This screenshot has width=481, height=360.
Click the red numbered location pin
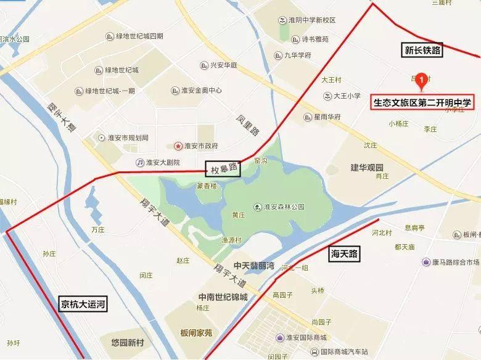421,80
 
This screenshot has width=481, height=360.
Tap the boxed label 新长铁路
422,51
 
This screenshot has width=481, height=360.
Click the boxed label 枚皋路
222,168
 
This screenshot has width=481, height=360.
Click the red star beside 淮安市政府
178,146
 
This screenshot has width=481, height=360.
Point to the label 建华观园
367,168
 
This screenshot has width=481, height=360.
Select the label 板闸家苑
192,333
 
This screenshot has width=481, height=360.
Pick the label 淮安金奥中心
201,90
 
